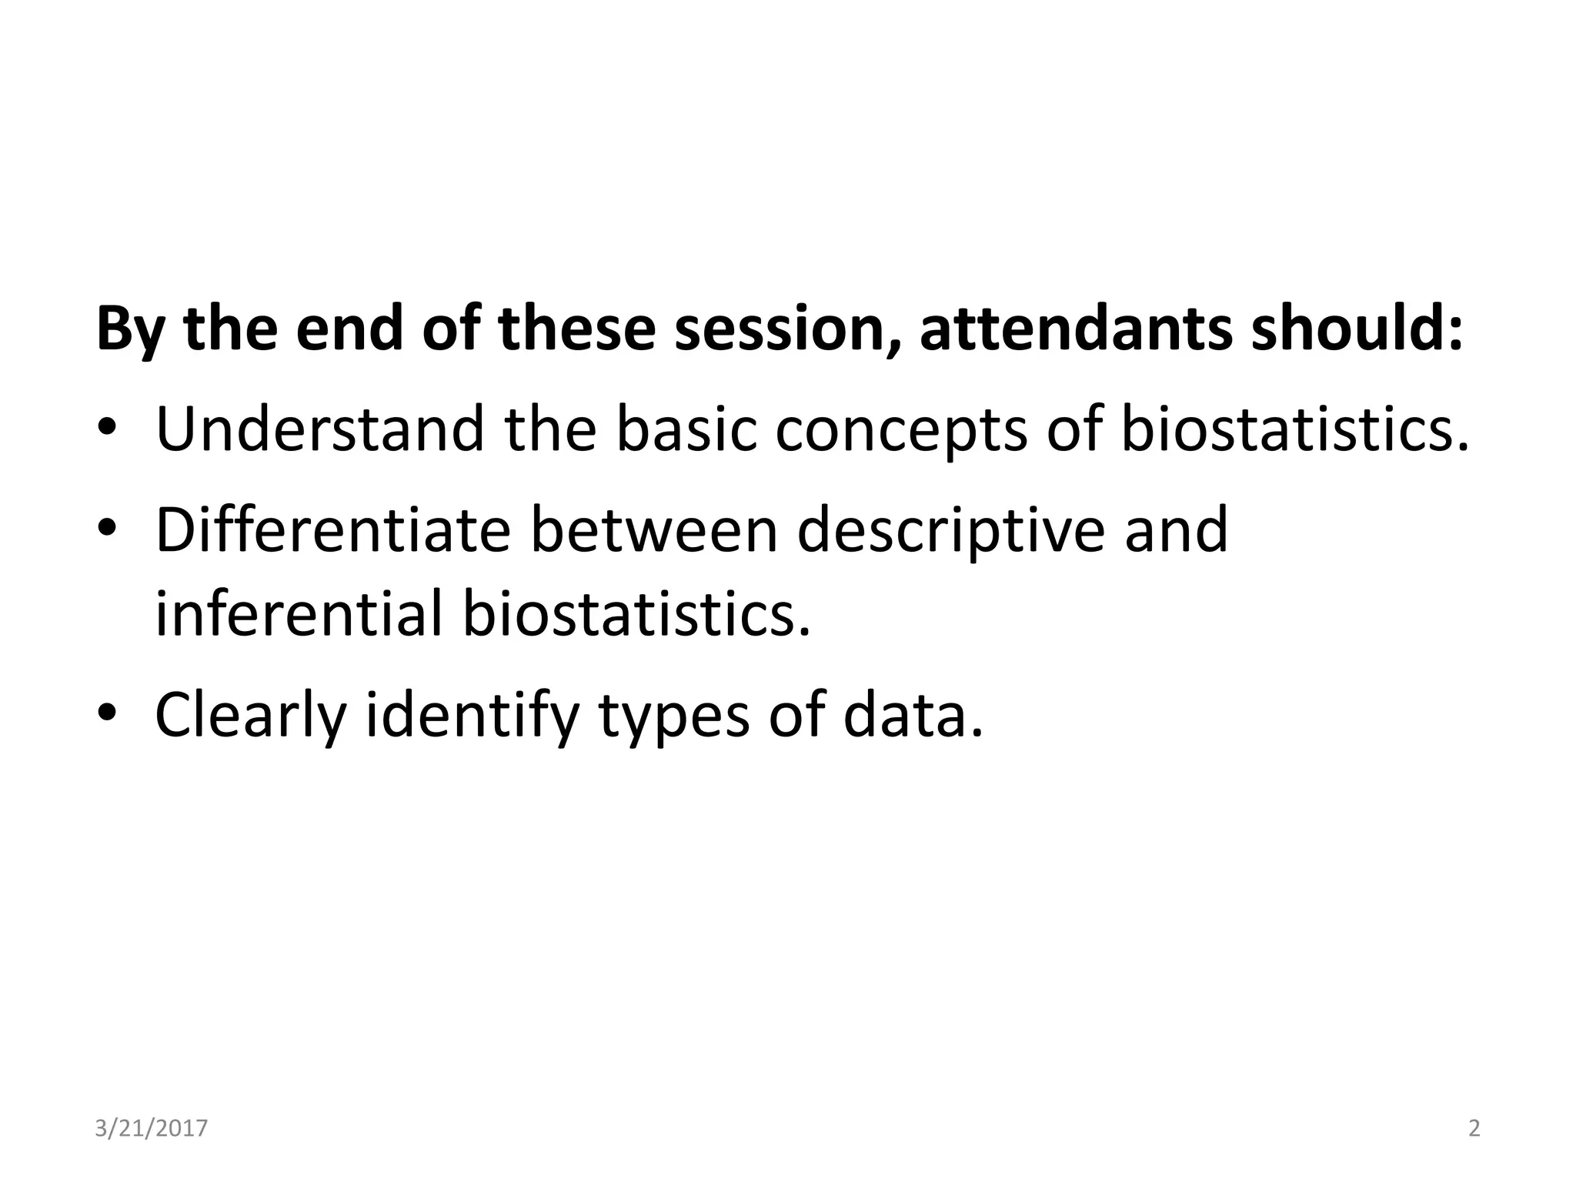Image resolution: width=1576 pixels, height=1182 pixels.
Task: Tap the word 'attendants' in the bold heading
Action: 1076,329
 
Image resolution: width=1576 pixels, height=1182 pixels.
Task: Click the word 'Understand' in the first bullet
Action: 319,429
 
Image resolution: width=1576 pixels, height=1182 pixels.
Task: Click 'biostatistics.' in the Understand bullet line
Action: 1294,429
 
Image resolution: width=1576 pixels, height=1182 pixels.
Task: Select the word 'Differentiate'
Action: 332,530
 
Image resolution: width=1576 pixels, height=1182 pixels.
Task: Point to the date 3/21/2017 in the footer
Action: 152,1128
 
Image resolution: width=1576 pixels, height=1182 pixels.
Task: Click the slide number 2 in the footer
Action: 1474,1128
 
